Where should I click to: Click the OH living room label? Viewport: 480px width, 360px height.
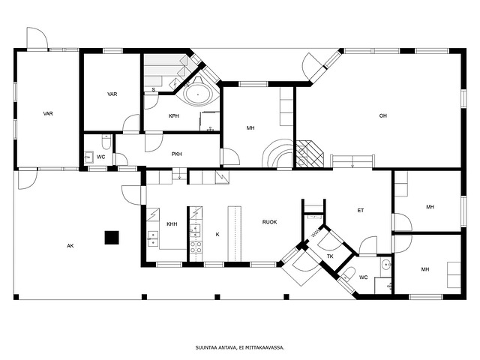pyautogui.click(x=383, y=115)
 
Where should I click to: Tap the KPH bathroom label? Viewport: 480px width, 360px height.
pyautogui.click(x=173, y=116)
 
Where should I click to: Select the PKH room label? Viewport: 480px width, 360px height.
pyautogui.click(x=177, y=154)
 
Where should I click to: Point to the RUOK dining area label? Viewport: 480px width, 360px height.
pyautogui.click(x=270, y=222)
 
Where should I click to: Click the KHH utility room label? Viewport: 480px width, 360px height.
pyautogui.click(x=172, y=224)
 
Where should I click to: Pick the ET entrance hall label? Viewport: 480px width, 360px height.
pyautogui.click(x=361, y=210)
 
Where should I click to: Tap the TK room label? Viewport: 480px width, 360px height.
pyautogui.click(x=330, y=256)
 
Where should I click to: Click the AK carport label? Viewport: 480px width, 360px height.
pyautogui.click(x=70, y=245)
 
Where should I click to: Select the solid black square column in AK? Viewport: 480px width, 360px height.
pyautogui.click(x=112, y=238)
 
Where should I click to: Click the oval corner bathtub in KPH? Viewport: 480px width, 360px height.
pyautogui.click(x=197, y=94)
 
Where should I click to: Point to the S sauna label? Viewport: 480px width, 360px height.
pyautogui.click(x=154, y=90)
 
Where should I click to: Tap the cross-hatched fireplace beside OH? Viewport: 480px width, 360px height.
pyautogui.click(x=310, y=154)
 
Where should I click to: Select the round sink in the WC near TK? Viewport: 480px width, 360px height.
pyautogui.click(x=386, y=263)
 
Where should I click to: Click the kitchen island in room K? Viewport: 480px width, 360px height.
pyautogui.click(x=234, y=234)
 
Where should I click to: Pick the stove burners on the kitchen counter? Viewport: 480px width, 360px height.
pyautogui.click(x=196, y=247)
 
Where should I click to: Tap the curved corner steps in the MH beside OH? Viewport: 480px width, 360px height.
pyautogui.click(x=277, y=153)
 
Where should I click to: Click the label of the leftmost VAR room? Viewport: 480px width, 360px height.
pyautogui.click(x=48, y=113)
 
